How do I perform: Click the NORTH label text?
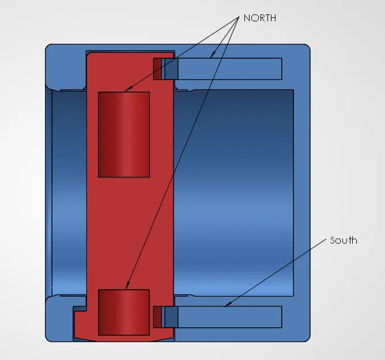pos(259,18)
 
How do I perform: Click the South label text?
pos(344,240)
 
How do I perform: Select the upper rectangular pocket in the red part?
pos(124,134)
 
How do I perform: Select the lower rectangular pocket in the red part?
pos(124,312)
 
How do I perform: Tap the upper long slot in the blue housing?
pos(231,69)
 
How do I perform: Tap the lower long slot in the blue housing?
pos(231,316)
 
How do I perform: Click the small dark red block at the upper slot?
pos(157,69)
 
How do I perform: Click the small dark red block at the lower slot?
pos(157,317)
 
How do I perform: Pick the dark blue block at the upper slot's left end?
pos(171,69)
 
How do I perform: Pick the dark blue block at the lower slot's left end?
pos(171,317)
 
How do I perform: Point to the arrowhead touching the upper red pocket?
pos(127,90)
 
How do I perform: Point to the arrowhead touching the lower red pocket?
pos(127,286)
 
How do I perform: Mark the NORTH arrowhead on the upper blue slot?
pos(212,56)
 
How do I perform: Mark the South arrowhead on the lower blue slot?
pos(227,305)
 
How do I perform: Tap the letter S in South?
pos(333,240)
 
